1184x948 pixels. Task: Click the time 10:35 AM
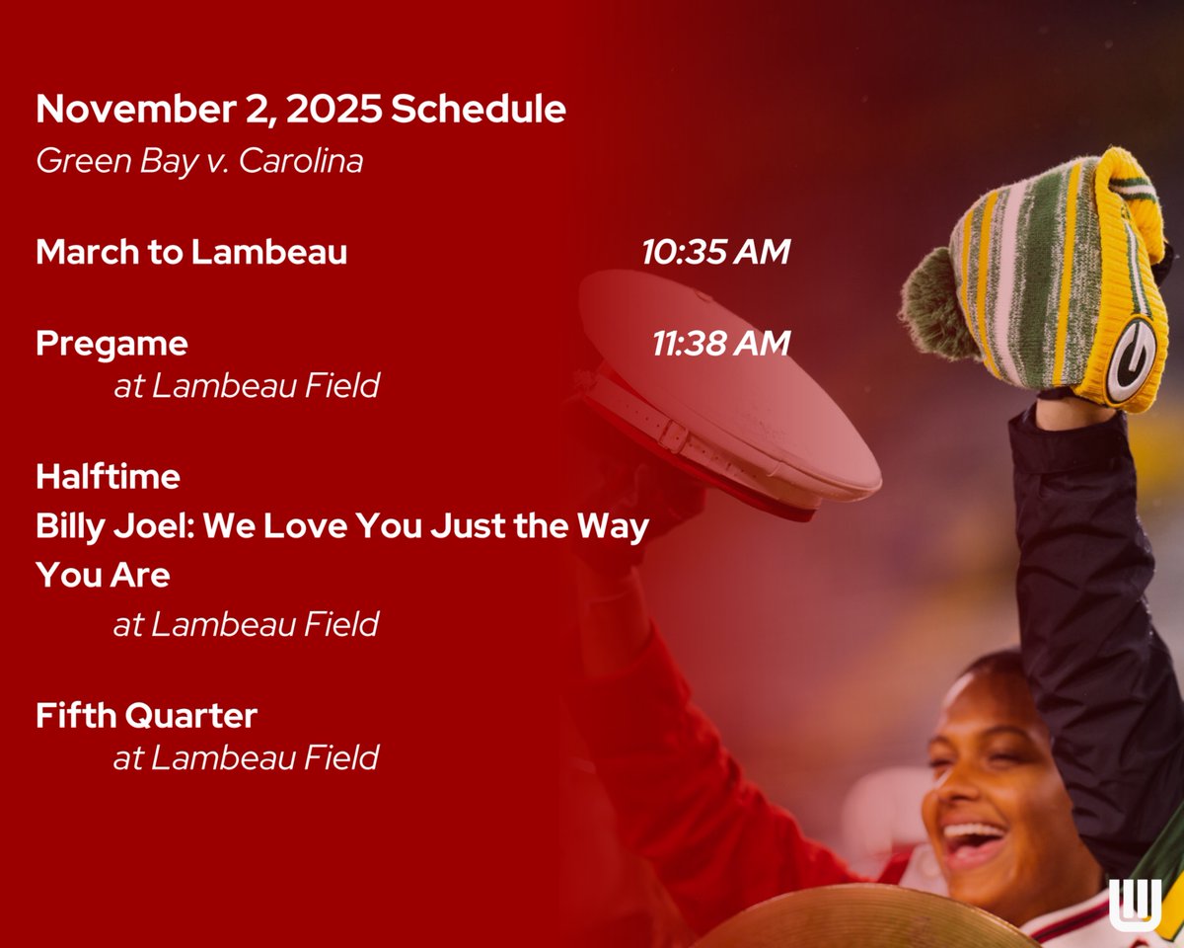pyautogui.click(x=715, y=252)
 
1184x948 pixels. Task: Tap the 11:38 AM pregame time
pyautogui.click(x=720, y=344)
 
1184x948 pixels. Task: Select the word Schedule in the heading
pyautogui.click(x=479, y=110)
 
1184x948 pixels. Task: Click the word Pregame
pyautogui.click(x=111, y=344)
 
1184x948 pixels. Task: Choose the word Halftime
pyautogui.click(x=108, y=477)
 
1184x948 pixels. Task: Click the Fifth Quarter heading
pyautogui.click(x=146, y=715)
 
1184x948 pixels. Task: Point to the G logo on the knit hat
pyautogui.click(x=1130, y=359)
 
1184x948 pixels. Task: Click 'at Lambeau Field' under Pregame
pyautogui.click(x=246, y=385)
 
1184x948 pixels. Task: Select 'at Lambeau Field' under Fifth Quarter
pyautogui.click(x=246, y=757)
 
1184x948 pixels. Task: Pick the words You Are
pyautogui.click(x=103, y=575)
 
